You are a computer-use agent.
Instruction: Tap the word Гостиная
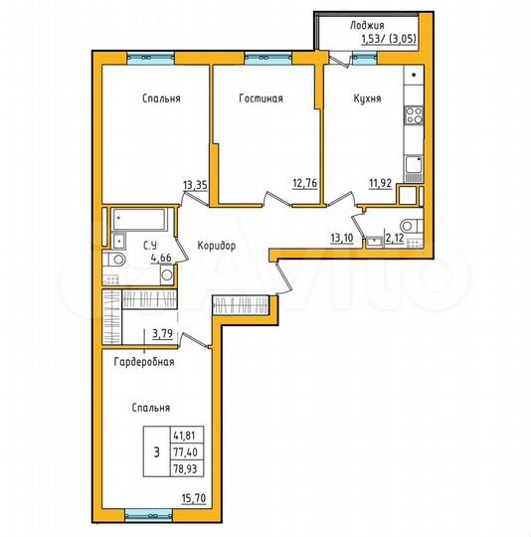point(261,98)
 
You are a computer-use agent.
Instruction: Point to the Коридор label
point(216,246)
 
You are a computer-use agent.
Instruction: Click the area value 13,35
point(196,183)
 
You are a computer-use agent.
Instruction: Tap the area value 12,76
point(304,183)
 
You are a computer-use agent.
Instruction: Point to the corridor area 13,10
point(341,237)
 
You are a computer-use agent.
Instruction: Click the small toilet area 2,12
point(396,237)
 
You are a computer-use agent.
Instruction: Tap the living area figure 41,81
point(184,435)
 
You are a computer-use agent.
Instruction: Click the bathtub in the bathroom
point(140,219)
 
